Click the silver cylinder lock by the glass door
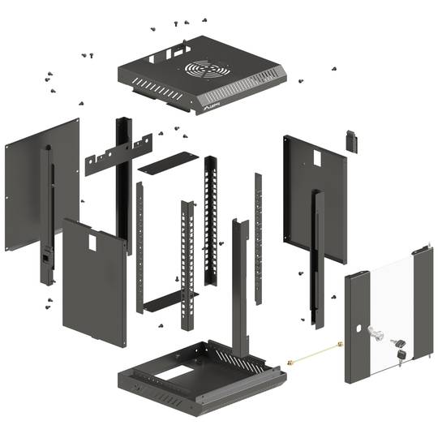point(375,333)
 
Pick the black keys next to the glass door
point(398,348)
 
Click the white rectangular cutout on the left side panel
point(92,241)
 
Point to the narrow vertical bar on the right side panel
point(318,251)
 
